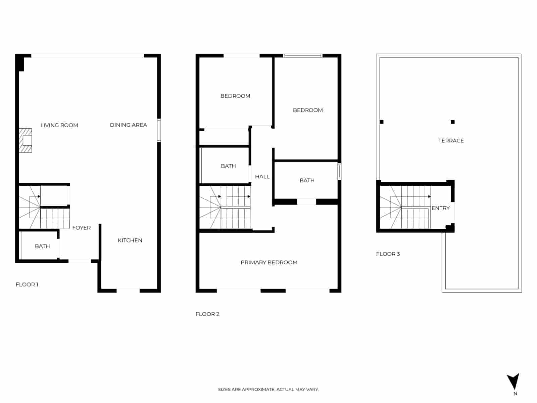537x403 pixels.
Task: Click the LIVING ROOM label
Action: point(59,125)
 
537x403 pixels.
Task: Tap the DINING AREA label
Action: point(128,125)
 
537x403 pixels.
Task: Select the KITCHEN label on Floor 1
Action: point(130,240)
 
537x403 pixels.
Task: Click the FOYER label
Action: point(81,228)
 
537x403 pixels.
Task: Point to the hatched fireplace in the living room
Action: point(26,140)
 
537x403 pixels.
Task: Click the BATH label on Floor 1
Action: point(42,247)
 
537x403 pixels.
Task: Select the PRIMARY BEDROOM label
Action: point(269,263)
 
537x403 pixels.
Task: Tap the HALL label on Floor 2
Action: point(262,177)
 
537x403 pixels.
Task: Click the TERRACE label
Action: point(451,141)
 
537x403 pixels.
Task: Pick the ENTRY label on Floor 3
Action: point(440,208)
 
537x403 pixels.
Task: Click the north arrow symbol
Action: point(513,382)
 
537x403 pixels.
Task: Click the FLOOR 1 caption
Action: point(27,285)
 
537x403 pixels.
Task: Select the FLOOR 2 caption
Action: point(207,314)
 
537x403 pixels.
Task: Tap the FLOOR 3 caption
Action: point(388,254)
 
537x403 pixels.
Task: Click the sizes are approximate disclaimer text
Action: point(268,390)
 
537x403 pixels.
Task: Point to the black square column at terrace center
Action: point(452,122)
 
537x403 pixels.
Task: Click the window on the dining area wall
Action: point(159,130)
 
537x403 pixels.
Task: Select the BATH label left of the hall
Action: point(228,166)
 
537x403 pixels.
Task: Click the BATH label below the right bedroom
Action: point(307,181)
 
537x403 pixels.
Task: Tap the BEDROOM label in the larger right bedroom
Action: point(307,110)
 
